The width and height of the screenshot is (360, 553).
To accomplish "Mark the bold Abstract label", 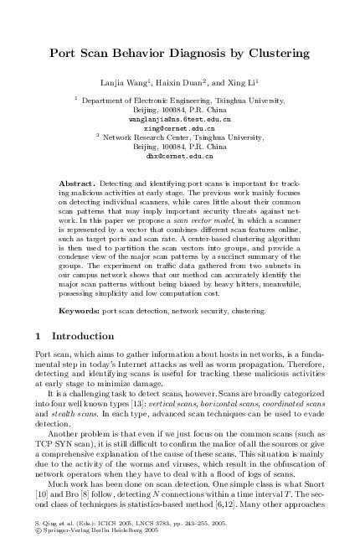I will [76, 182].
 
